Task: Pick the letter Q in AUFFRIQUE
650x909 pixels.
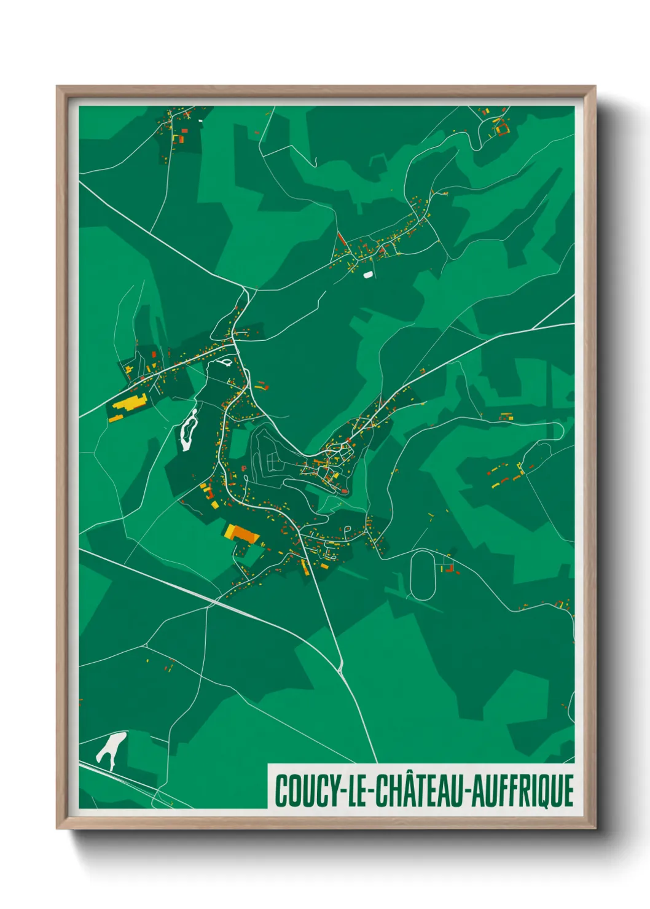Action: click(541, 791)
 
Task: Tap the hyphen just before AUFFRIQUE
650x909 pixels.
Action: click(466, 792)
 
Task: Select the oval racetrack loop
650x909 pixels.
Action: click(423, 575)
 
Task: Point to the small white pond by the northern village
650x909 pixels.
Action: click(367, 275)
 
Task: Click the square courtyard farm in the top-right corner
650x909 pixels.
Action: click(503, 128)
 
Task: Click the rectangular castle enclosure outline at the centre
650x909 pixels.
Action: click(271, 461)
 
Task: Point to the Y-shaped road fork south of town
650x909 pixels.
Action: click(340, 666)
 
